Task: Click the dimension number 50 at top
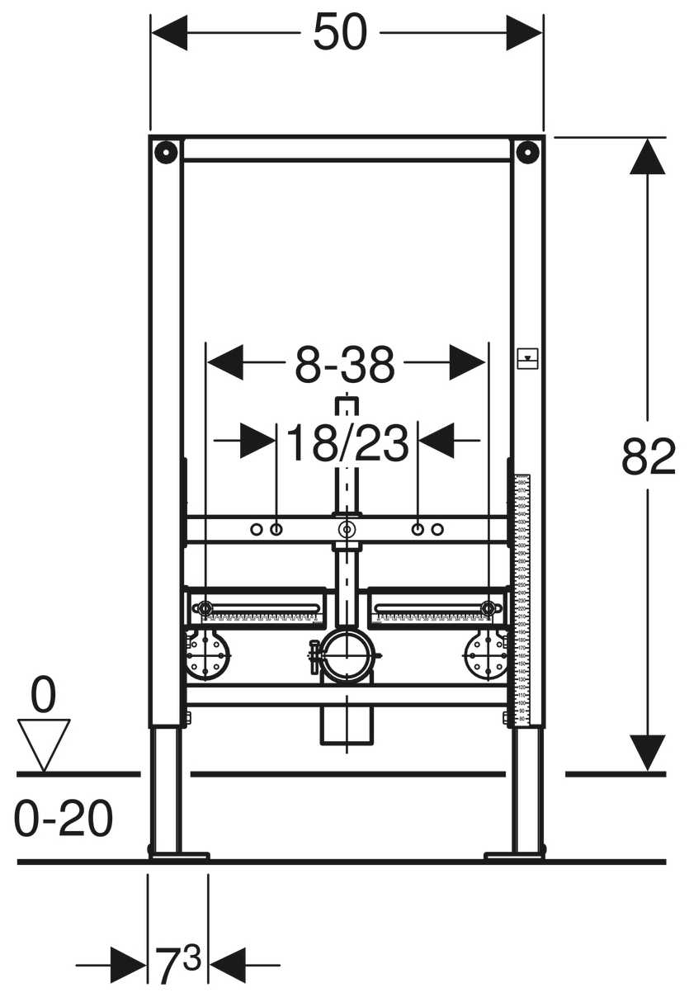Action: tap(339, 35)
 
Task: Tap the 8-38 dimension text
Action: tap(346, 365)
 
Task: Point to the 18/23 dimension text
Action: tap(347, 444)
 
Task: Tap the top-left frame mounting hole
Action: tap(166, 152)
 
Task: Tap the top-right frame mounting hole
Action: tap(527, 152)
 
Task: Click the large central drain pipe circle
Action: tap(347, 657)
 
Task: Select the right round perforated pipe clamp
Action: tap(487, 656)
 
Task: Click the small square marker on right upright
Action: tap(527, 358)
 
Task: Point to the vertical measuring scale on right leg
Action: tap(521, 598)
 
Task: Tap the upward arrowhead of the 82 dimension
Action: tap(648, 157)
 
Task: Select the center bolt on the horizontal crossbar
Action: tap(347, 529)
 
